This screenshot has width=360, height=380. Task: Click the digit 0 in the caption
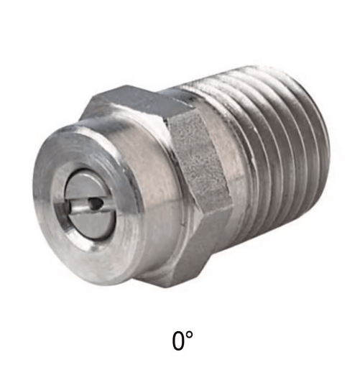[177, 340]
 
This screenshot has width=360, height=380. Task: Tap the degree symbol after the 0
[189, 335]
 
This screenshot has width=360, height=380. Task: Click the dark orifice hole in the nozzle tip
[95, 203]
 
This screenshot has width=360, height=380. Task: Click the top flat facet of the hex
[141, 98]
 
